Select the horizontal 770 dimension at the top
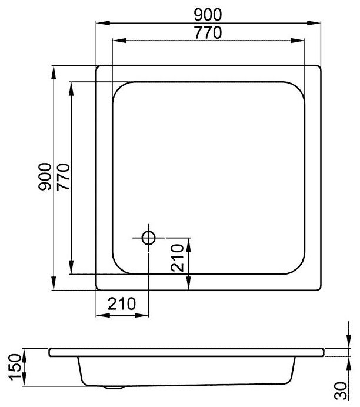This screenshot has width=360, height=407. pyautogui.click(x=208, y=33)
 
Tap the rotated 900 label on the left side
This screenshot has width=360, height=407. pyautogui.click(x=43, y=177)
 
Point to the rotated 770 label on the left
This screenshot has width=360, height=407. pyautogui.click(x=63, y=177)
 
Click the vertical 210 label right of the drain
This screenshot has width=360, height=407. pyautogui.click(x=179, y=256)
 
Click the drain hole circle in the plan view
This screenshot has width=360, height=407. pyautogui.click(x=148, y=238)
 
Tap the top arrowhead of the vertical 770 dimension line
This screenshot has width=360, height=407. pyautogui.click(x=72, y=84)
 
